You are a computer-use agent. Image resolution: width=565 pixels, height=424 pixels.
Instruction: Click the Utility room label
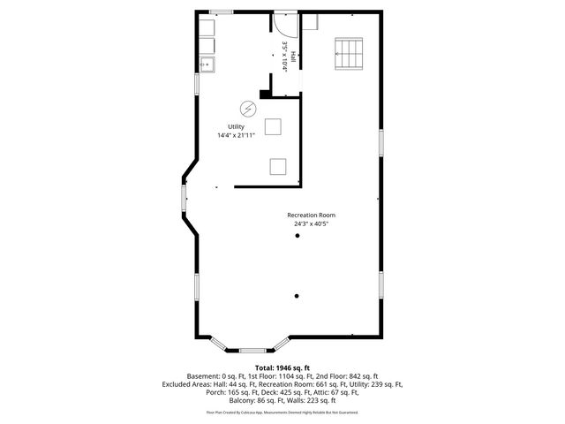(x=236, y=126)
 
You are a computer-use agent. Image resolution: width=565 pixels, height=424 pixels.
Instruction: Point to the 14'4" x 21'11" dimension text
(x=236, y=135)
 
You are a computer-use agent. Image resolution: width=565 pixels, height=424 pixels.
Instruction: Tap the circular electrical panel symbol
(x=250, y=108)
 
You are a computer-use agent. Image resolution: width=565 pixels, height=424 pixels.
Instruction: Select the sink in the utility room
(x=207, y=64)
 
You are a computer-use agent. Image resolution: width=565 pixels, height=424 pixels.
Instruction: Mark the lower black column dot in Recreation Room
(x=298, y=295)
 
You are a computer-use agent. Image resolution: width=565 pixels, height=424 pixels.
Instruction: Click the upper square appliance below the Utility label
(x=274, y=126)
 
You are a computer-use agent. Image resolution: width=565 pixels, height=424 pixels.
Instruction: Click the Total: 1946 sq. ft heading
(x=282, y=367)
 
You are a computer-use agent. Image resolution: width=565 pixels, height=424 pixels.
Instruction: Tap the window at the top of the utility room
(x=221, y=11)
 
